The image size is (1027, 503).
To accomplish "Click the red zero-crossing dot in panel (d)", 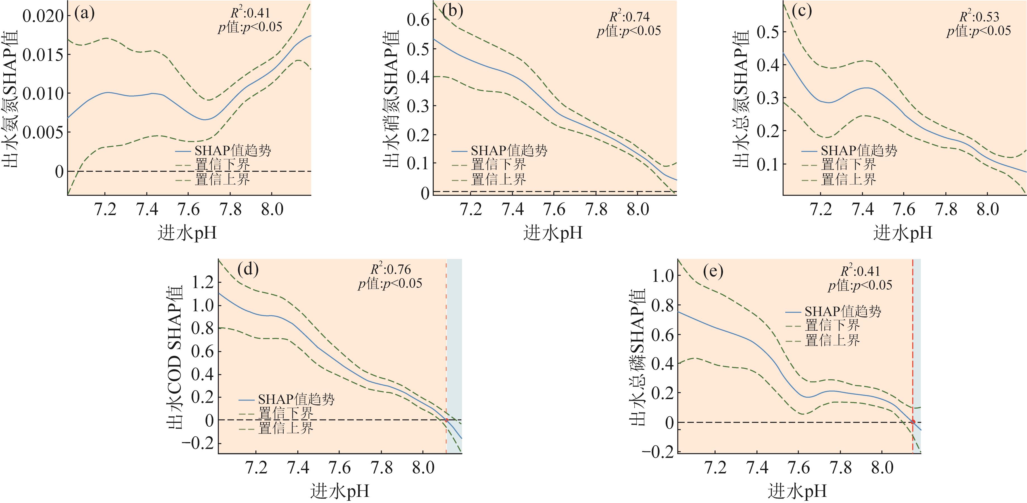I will pyautogui.click(x=447, y=420).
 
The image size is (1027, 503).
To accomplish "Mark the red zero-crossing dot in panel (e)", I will pyautogui.click(x=913, y=422).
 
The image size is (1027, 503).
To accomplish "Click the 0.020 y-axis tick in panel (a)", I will pyautogui.click(x=43, y=16).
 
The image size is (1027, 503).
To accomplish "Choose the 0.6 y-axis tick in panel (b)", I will pyautogui.click(x=418, y=20).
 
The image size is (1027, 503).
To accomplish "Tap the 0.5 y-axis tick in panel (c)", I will pyautogui.click(x=768, y=32).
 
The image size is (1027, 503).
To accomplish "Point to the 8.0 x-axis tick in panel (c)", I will pyautogui.click(x=988, y=209).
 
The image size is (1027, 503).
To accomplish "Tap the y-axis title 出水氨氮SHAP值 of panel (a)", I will pyautogui.click(x=11, y=100).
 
